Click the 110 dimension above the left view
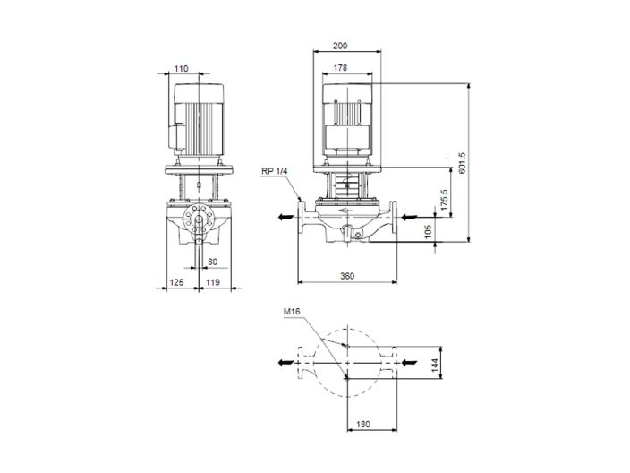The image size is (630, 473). (x=182, y=68)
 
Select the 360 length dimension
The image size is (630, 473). (x=346, y=275)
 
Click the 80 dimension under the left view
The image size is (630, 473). (x=211, y=262)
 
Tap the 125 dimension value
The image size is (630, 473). (x=175, y=282)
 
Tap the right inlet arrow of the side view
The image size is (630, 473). (x=408, y=217)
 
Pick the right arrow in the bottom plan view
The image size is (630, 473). (x=408, y=362)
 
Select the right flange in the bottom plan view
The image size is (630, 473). (x=392, y=362)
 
